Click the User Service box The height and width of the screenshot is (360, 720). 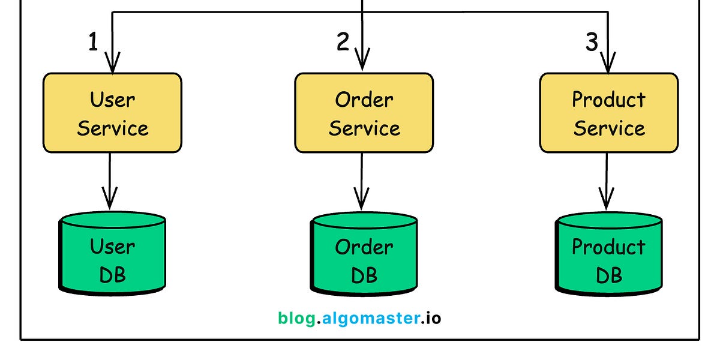pyautogui.click(x=112, y=113)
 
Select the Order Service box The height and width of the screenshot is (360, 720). pyautogui.click(x=364, y=113)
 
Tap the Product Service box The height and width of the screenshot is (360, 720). pyautogui.click(x=608, y=113)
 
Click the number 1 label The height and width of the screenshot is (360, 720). pyautogui.click(x=93, y=43)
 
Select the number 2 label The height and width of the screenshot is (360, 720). pyautogui.click(x=342, y=43)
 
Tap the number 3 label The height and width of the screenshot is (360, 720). pyautogui.click(x=592, y=43)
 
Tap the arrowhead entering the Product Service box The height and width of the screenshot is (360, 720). pyautogui.click(x=608, y=63)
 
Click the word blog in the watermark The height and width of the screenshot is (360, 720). pyautogui.click(x=296, y=318)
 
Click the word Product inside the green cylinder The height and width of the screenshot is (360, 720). pyautogui.click(x=608, y=247)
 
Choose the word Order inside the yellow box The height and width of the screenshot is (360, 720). pyautogui.click(x=364, y=100)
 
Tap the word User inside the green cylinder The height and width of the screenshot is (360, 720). pyautogui.click(x=112, y=246)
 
